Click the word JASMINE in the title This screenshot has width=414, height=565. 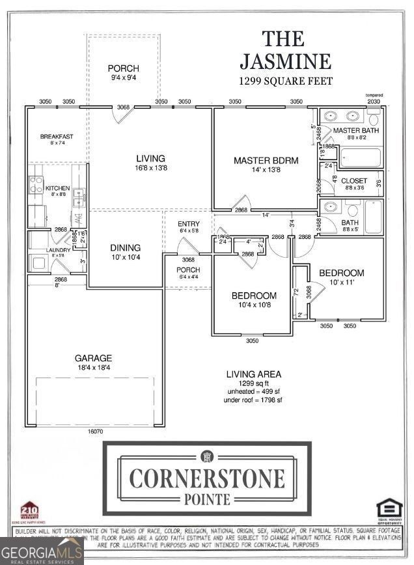[x=286, y=61]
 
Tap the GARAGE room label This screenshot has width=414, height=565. [x=93, y=358]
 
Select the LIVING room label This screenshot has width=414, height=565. [x=150, y=158]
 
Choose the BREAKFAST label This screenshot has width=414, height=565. [x=57, y=137]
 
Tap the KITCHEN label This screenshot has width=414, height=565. [x=57, y=188]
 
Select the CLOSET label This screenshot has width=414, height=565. [x=354, y=181]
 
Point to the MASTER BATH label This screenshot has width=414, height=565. [x=355, y=131]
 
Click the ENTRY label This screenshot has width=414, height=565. [x=189, y=224]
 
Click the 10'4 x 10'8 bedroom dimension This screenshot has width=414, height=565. [x=254, y=305]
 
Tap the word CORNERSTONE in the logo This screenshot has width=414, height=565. [x=207, y=478]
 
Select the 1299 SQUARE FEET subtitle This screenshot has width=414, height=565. [x=286, y=81]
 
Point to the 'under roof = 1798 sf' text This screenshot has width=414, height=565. [x=253, y=400]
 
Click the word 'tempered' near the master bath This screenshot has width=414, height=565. [x=374, y=95]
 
